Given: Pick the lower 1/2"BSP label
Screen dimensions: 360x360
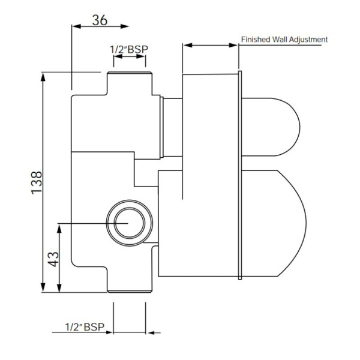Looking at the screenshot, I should coord(85,328).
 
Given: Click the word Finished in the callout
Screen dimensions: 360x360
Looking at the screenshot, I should coord(256,40).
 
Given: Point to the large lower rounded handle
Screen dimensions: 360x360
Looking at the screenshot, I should coord(276,222).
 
